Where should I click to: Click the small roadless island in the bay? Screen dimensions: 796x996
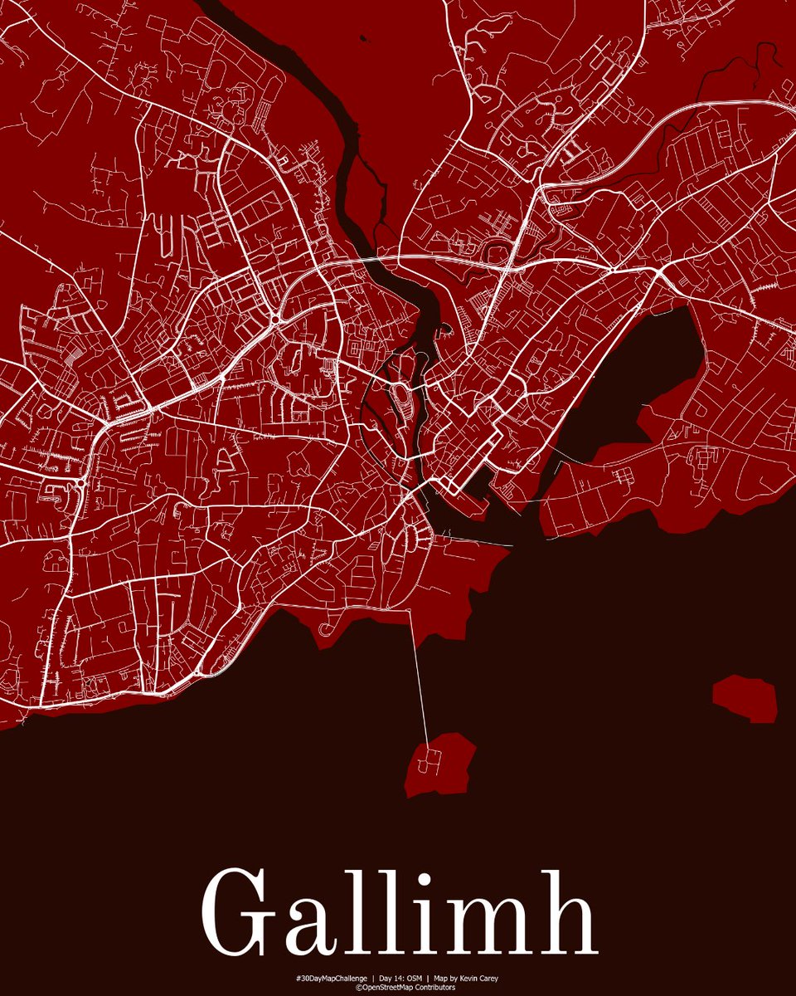pyautogui.click(x=745, y=698)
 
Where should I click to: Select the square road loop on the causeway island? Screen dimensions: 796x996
pyautogui.click(x=429, y=757)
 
